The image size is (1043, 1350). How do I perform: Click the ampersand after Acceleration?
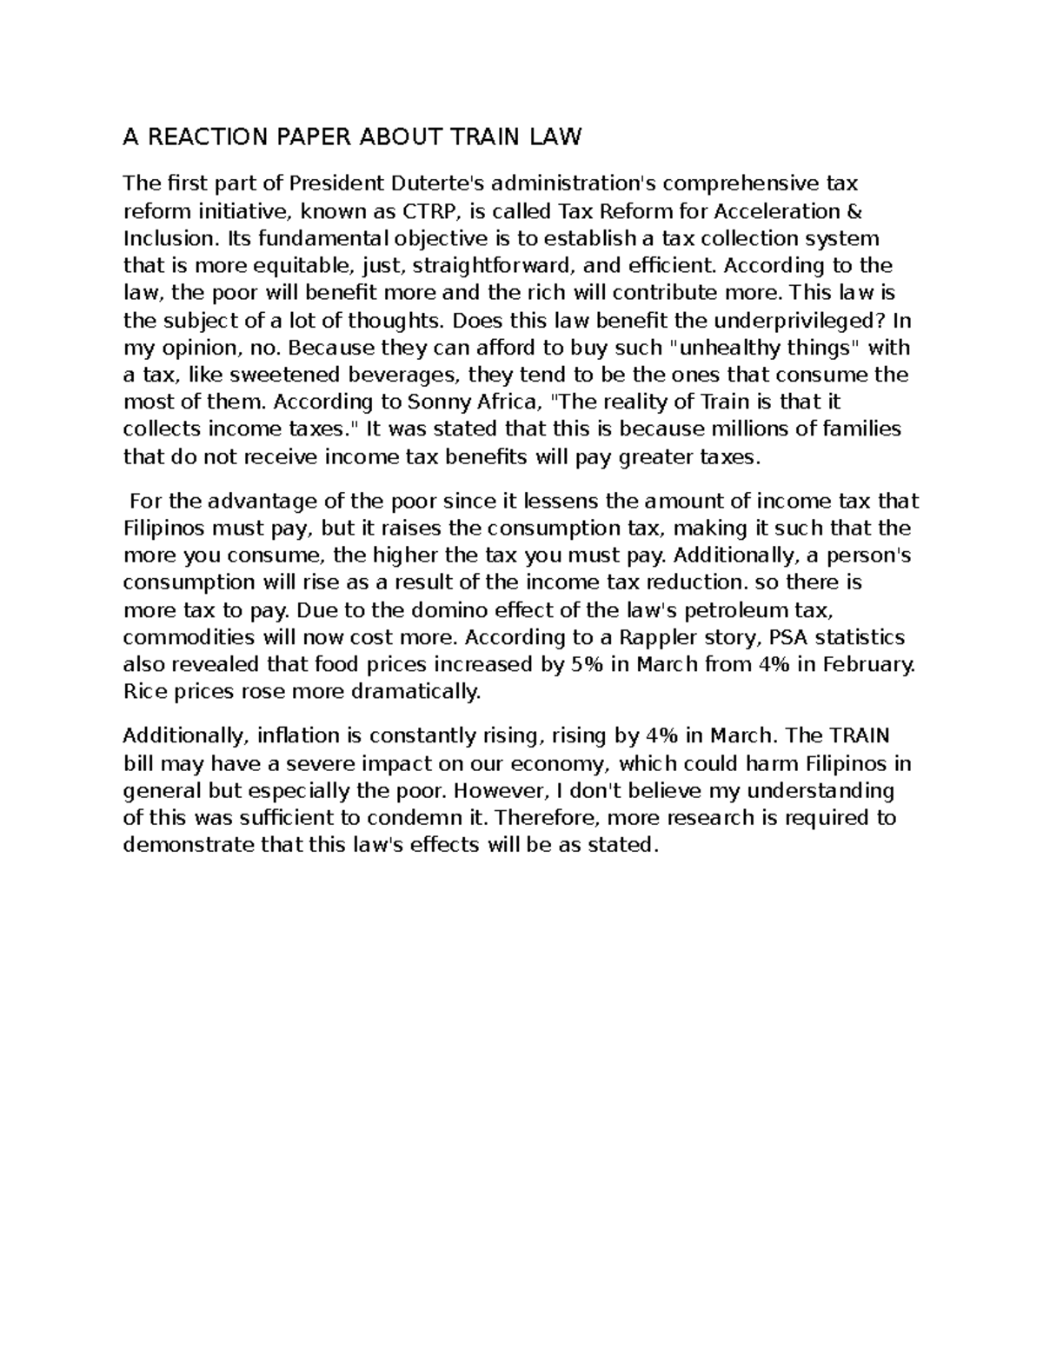pos(855,211)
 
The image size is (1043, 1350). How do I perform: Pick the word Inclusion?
pos(162,238)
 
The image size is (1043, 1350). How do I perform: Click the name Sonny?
pos(438,402)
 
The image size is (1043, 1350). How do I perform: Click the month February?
pos(866,665)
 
